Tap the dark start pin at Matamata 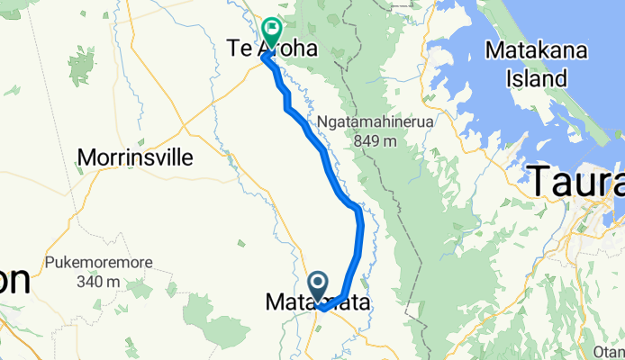click(318, 287)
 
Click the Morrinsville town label click(135, 157)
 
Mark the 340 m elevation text click(100, 281)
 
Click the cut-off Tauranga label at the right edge click(576, 181)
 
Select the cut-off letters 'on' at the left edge click(14, 281)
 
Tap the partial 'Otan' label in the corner click(608, 352)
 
